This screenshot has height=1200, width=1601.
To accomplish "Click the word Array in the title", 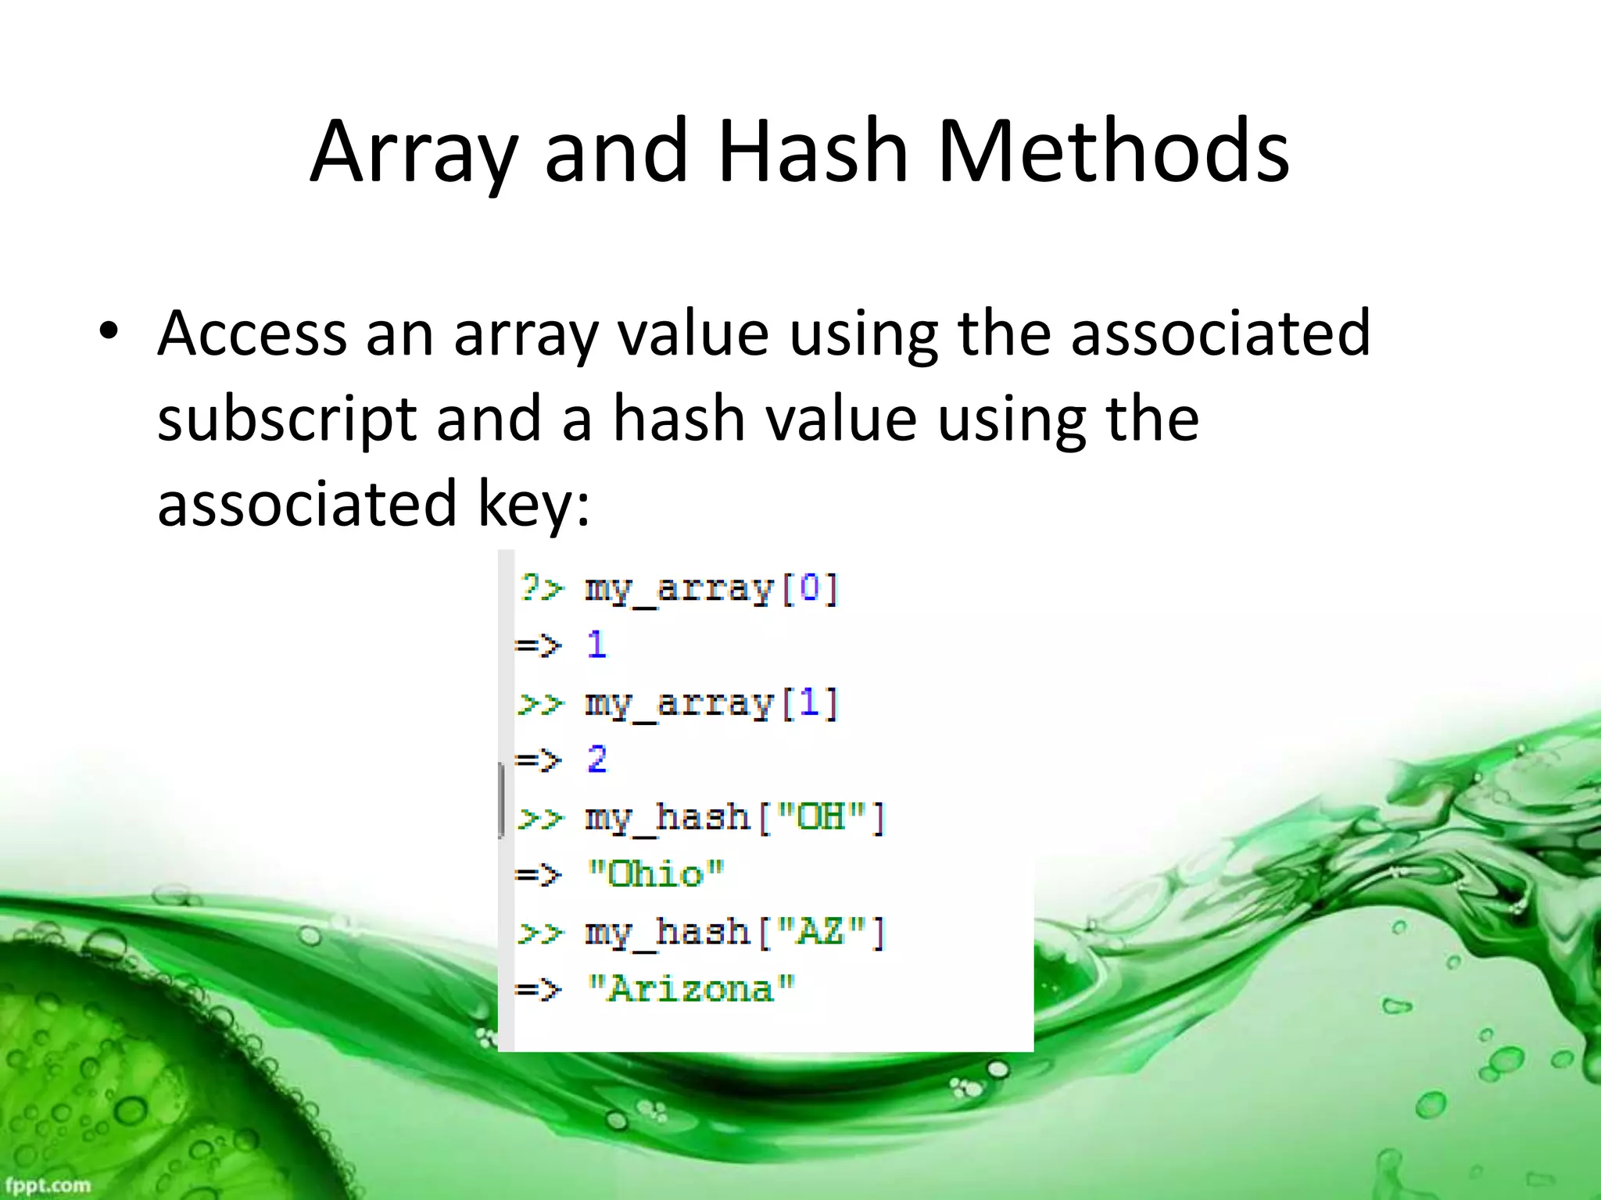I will tap(414, 152).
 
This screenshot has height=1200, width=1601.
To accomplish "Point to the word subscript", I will tap(286, 420).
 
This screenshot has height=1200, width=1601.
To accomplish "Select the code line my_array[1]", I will tap(711, 704).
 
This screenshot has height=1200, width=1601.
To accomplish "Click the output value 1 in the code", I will tap(596, 645).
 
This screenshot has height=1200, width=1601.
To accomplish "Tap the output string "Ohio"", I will tap(656, 874).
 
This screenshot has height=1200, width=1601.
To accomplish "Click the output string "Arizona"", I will tap(691, 989).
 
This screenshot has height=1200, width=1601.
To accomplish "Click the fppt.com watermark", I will tap(47, 1185).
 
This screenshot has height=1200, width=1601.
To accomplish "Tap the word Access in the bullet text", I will tap(252, 334).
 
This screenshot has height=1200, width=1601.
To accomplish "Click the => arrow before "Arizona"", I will tap(539, 990).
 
